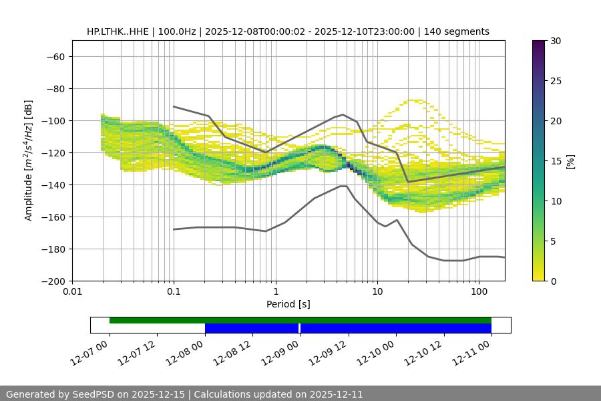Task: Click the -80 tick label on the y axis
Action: pyautogui.click(x=55, y=88)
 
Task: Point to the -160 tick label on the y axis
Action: pyautogui.click(x=52, y=217)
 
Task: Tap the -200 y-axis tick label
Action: pyautogui.click(x=52, y=281)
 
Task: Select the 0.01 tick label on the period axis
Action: pyautogui.click(x=72, y=292)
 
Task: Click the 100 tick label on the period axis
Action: pyautogui.click(x=479, y=292)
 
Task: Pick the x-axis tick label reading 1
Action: pyautogui.click(x=275, y=292)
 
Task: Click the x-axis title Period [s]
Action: pyautogui.click(x=288, y=304)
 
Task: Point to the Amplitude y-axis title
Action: pyautogui.click(x=29, y=160)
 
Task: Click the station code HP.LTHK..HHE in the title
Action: pyautogui.click(x=118, y=31)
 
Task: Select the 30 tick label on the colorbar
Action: pyautogui.click(x=555, y=41)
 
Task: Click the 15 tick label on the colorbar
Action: pyautogui.click(x=555, y=161)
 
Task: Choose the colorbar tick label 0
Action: pyautogui.click(x=552, y=281)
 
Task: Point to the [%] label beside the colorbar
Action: pyautogui.click(x=570, y=161)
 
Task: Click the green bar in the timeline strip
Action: pyautogui.click(x=300, y=320)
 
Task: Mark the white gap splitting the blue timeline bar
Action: pyautogui.click(x=300, y=328)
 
